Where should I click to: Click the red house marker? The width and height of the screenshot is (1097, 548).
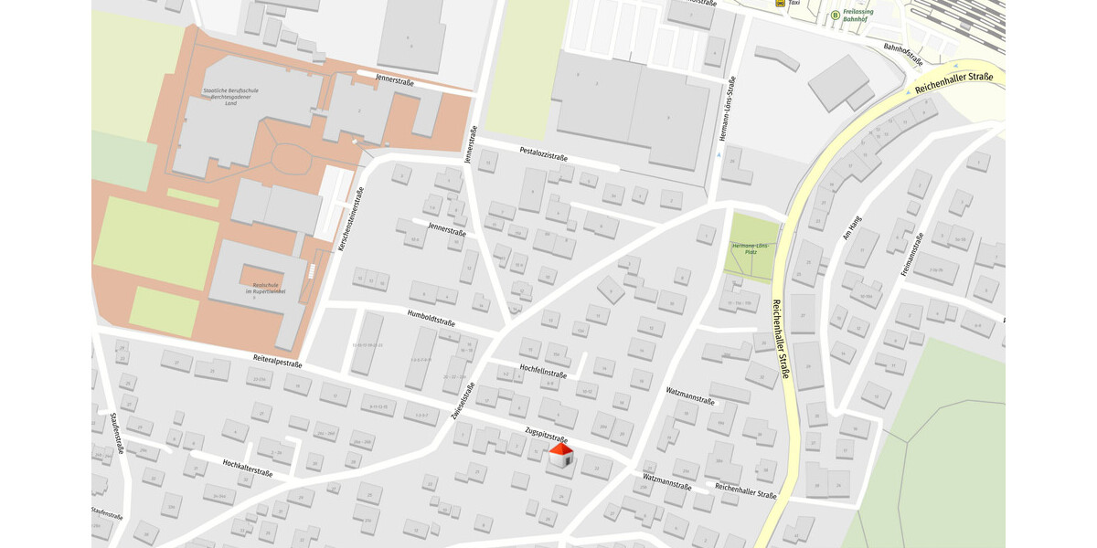click(561, 457)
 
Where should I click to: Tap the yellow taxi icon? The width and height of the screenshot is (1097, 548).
click(779, 4)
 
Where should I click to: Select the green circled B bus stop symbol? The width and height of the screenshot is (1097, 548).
click(835, 15)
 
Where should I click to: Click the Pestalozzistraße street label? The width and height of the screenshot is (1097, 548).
click(544, 153)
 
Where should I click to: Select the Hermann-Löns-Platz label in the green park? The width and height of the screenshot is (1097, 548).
click(751, 248)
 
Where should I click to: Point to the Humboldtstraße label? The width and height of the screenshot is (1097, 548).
click(431, 317)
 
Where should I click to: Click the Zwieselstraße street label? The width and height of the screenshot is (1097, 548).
click(463, 399)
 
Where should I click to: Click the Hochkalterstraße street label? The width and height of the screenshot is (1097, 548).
click(248, 468)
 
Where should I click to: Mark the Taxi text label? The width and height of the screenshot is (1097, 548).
click(793, 4)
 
